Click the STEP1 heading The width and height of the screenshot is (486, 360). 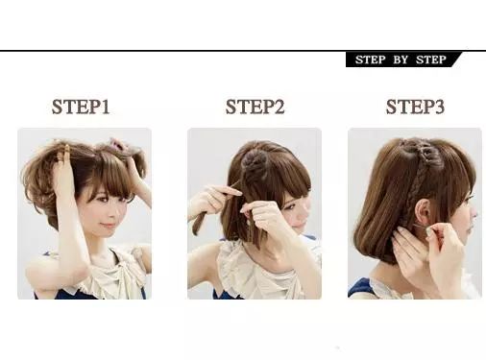click(x=81, y=107)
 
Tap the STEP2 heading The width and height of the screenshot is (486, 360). click(x=255, y=107)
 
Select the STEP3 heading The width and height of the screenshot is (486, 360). click(x=415, y=107)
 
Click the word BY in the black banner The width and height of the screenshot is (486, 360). click(x=401, y=60)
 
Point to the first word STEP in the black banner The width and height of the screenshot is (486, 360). click(x=371, y=60)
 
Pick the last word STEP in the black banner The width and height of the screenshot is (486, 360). click(x=431, y=60)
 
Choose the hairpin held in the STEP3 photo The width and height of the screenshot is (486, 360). click(x=422, y=227)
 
